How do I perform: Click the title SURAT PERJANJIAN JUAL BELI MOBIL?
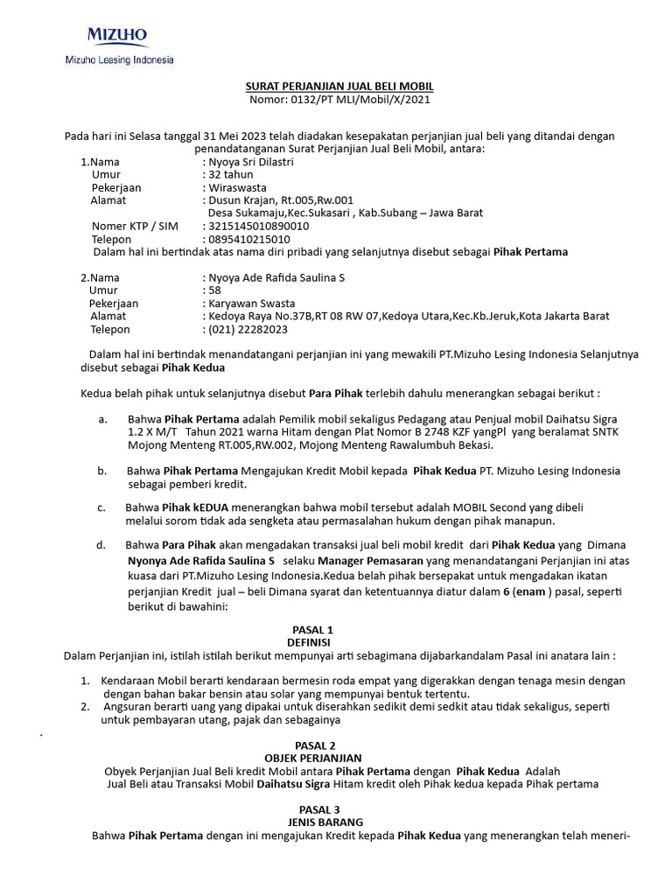[338, 87]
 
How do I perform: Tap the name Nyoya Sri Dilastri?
[250, 162]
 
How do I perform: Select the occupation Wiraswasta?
[237, 187]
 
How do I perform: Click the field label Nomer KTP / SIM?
[135, 226]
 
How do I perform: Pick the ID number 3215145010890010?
[258, 226]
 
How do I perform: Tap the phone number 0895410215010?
[248, 239]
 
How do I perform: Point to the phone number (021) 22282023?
[247, 329]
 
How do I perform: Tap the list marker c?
[101, 507]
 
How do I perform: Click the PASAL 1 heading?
[312, 629]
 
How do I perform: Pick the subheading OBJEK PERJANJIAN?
[312, 757]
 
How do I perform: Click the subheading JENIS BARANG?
[312, 822]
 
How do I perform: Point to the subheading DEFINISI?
[312, 642]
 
